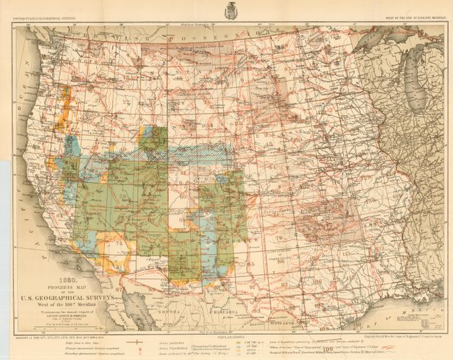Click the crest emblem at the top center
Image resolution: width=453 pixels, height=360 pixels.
[x=230, y=10]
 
